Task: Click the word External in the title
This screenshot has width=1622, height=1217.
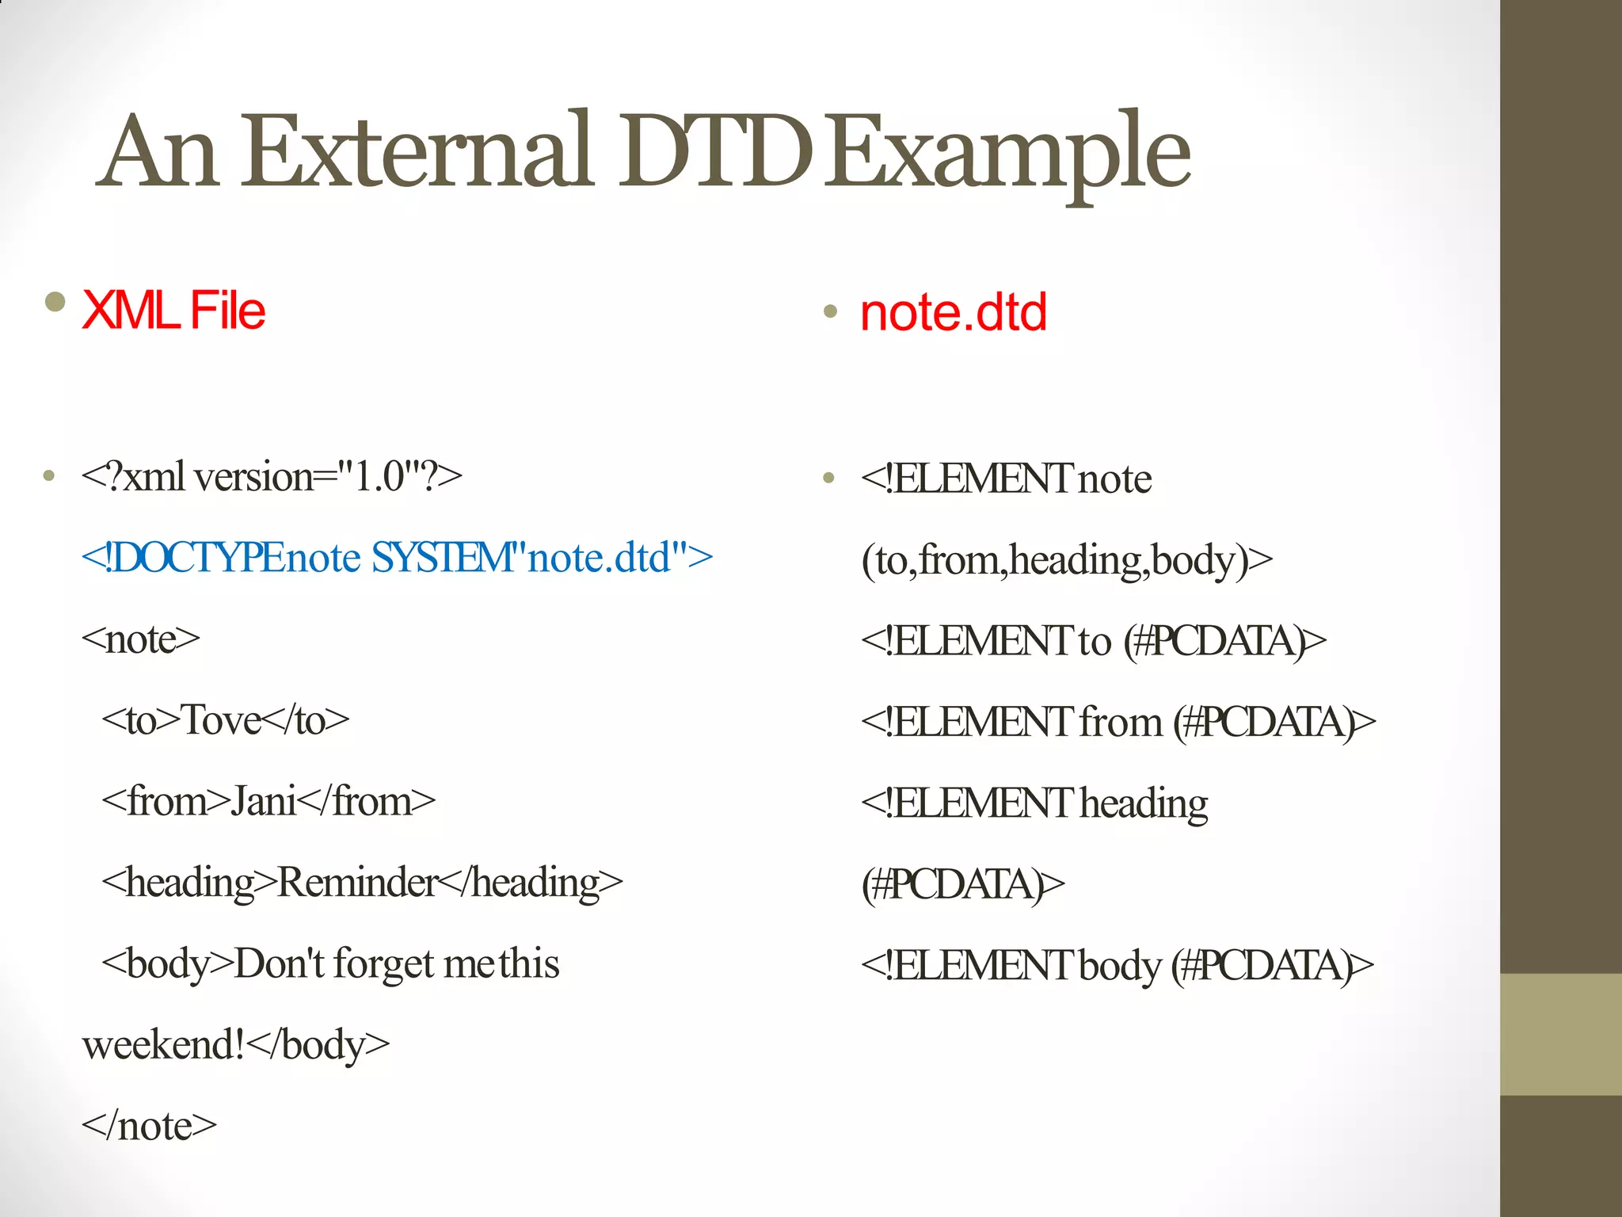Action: (417, 151)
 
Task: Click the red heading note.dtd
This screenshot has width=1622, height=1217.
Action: (954, 312)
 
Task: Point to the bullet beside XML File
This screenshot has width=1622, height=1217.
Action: (55, 302)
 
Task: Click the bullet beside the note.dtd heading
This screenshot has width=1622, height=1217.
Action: (830, 311)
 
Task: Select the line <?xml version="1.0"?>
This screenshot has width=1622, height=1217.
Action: (272, 477)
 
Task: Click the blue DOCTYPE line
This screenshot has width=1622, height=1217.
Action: (397, 557)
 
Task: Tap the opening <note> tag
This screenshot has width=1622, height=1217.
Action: (141, 639)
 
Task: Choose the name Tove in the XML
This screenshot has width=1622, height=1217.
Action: (221, 720)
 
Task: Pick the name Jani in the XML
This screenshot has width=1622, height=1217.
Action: (264, 801)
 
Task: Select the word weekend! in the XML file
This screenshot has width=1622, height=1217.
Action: (162, 1044)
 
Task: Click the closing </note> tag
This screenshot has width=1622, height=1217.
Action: (149, 1126)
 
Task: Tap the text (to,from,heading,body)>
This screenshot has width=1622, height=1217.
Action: (1067, 560)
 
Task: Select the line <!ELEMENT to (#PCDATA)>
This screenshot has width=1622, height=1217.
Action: (1094, 641)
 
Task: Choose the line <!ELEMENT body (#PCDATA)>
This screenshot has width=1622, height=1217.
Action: (1118, 966)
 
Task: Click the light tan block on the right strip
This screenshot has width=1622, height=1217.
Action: (1560, 1034)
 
